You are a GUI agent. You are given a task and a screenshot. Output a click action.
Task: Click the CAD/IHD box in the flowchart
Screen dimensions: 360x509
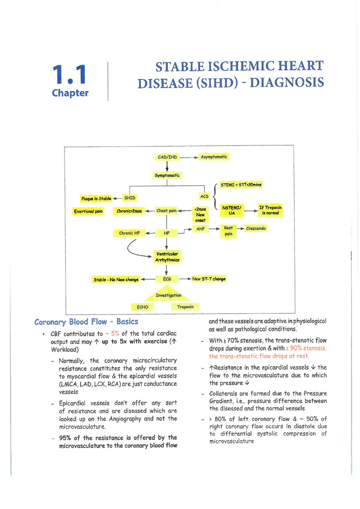167,157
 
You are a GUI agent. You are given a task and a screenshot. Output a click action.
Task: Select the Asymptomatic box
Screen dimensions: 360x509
214,157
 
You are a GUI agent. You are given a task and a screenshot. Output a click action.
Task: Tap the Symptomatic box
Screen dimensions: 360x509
167,175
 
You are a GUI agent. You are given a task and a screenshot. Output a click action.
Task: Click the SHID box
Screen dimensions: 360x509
130,198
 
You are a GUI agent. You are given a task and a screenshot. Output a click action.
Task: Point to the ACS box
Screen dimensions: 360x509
204,196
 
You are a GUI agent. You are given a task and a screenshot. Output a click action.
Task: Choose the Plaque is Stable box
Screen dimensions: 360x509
96,199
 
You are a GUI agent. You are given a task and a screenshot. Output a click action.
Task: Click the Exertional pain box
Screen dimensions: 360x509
89,211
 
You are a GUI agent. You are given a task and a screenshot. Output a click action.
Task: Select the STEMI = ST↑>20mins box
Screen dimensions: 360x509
241,185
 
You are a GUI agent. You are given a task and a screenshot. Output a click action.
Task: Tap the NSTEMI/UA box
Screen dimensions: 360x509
232,210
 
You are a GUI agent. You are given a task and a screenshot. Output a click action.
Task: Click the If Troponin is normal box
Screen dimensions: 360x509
270,210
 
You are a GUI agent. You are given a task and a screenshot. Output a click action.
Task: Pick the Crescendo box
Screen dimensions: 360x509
256,228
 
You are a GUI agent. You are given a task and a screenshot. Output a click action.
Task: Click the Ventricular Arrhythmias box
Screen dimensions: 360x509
167,257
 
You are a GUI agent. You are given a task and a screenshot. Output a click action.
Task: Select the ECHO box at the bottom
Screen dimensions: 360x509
143,307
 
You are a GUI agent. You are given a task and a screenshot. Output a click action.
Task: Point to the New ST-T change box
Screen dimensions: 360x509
209,279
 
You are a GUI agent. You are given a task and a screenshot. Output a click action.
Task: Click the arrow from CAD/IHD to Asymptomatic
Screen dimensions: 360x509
189,157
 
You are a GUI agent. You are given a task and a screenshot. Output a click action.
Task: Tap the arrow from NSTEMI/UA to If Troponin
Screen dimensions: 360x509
251,211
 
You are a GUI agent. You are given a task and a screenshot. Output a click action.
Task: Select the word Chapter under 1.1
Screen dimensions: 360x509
70,93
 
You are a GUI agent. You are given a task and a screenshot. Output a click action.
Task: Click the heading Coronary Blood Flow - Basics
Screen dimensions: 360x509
86,322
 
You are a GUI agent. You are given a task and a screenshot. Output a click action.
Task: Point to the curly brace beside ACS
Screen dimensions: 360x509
215,196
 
